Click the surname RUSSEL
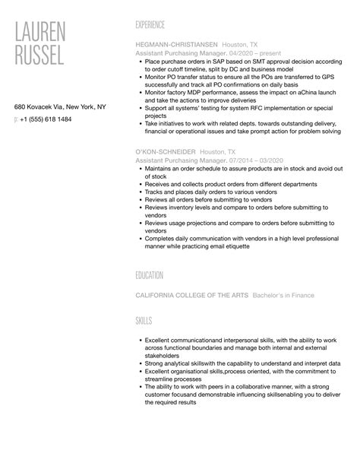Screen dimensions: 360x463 click(39, 55)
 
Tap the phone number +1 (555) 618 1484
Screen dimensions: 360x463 click(47, 119)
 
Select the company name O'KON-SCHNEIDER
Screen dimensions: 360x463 click(163, 152)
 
